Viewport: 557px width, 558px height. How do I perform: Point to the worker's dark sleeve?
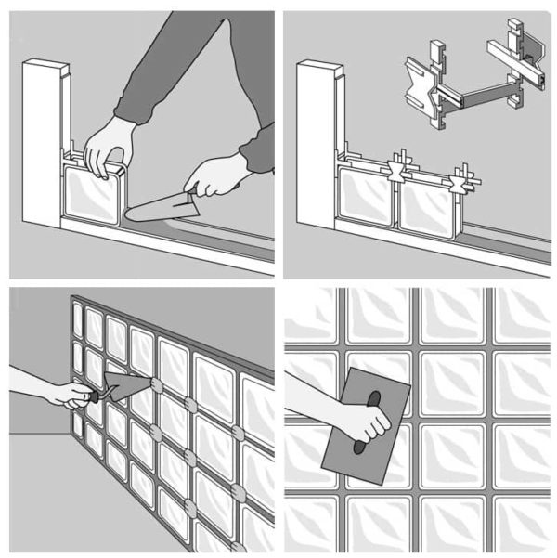click(x=195, y=84)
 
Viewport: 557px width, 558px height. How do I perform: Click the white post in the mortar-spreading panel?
click(x=42, y=139)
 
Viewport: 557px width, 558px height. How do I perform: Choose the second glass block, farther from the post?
click(x=429, y=206)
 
